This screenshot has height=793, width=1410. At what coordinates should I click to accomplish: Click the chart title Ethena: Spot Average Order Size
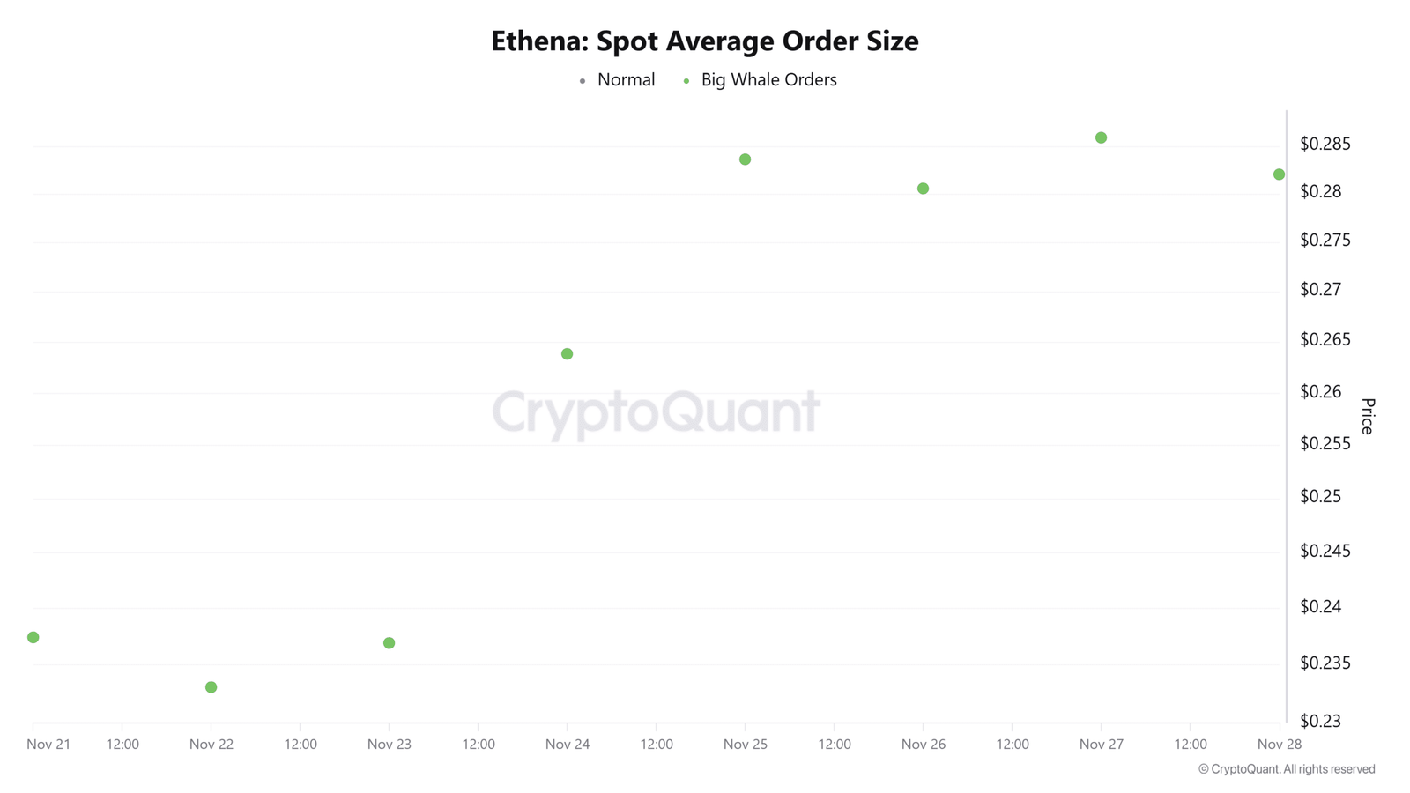click(x=704, y=41)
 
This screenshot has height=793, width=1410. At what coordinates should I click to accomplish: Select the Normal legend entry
click(x=617, y=80)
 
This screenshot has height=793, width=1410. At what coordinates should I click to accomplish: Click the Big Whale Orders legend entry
click(x=760, y=80)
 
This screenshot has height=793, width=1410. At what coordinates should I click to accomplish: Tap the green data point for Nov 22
click(x=211, y=687)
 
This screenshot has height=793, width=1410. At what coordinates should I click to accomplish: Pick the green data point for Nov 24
click(x=568, y=354)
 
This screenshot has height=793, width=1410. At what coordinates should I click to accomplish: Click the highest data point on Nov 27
click(x=1101, y=137)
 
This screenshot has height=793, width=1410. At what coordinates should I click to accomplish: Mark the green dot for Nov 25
click(x=746, y=159)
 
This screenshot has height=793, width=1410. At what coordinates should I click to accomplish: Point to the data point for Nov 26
click(x=924, y=189)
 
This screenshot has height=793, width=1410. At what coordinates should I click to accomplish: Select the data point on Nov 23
click(x=389, y=643)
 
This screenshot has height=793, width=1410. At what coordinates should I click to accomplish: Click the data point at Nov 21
click(x=33, y=638)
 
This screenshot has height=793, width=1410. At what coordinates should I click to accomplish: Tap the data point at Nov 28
click(x=1279, y=174)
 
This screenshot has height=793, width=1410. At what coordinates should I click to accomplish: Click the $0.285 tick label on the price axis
click(x=1325, y=145)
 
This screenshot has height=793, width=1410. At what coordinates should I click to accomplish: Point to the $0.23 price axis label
click(x=1321, y=721)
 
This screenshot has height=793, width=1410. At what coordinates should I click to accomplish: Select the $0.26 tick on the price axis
click(x=1321, y=391)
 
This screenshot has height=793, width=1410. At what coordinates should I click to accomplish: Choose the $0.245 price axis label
click(x=1325, y=552)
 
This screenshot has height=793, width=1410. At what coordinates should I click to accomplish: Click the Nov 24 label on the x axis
click(x=568, y=745)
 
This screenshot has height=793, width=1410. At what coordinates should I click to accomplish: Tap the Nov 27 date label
click(x=1101, y=745)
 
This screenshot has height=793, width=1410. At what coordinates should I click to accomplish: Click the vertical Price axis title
click(x=1368, y=416)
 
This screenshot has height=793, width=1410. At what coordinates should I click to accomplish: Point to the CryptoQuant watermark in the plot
click(x=656, y=412)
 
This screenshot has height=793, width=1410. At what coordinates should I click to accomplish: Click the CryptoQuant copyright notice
click(x=1287, y=769)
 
